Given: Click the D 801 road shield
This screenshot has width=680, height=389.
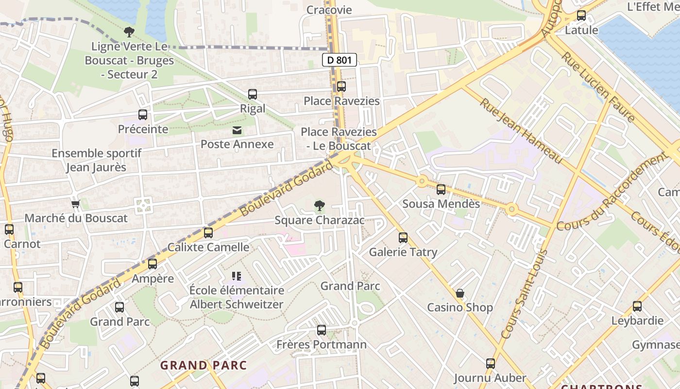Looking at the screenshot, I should (x=340, y=60).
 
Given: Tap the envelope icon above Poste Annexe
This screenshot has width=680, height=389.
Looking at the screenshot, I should (x=237, y=130).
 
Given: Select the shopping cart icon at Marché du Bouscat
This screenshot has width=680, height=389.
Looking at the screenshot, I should (x=75, y=204).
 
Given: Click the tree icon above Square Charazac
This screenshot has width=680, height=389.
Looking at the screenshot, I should (x=320, y=206).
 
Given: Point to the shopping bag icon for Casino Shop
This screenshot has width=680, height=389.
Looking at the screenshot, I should (x=459, y=293).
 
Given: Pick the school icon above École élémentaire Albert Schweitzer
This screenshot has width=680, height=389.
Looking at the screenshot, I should (x=237, y=276).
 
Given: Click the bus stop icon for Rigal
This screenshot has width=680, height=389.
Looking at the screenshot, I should (x=253, y=94).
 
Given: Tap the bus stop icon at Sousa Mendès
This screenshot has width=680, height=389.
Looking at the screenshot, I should (x=441, y=190).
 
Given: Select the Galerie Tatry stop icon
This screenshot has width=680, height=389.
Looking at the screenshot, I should (x=403, y=238).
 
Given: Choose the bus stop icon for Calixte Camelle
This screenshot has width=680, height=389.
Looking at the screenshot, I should (x=208, y=233).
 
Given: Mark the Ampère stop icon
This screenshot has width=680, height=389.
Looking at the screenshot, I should (x=153, y=264).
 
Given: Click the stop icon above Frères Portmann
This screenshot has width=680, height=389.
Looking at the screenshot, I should (x=321, y=330).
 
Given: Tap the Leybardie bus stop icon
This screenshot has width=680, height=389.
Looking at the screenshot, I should (x=637, y=306).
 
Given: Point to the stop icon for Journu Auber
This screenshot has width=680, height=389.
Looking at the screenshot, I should (x=491, y=364).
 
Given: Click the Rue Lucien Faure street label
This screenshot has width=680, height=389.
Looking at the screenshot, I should (x=598, y=87).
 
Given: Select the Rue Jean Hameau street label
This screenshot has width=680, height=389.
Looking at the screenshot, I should (x=521, y=131).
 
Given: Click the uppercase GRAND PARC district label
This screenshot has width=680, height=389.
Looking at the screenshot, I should (x=204, y=365).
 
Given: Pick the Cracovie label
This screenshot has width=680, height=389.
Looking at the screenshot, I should (x=329, y=10).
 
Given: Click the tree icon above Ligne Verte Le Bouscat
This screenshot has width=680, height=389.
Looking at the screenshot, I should (x=129, y=33).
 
